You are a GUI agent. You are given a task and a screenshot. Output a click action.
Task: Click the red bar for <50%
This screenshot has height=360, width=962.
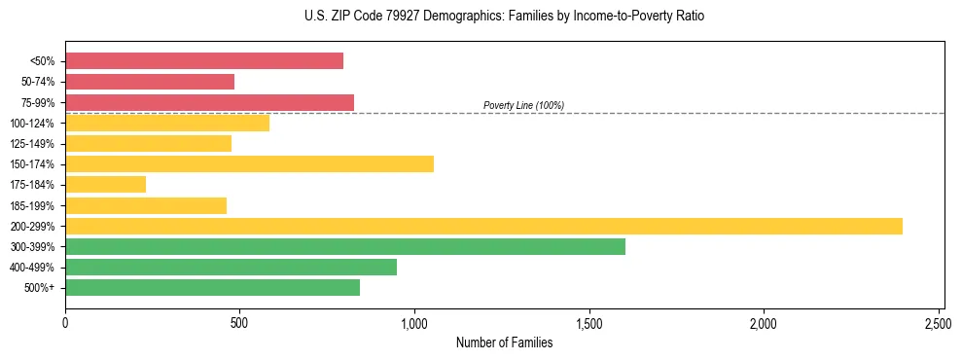[x=204, y=61]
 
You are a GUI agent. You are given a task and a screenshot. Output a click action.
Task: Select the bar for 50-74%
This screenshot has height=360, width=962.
[x=150, y=82]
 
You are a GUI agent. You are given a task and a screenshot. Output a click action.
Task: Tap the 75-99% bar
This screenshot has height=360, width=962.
[x=209, y=102]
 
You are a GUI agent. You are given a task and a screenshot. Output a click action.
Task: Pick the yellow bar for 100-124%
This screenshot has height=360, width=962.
[x=167, y=123]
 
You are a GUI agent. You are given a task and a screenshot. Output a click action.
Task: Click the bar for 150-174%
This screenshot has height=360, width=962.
[x=249, y=163]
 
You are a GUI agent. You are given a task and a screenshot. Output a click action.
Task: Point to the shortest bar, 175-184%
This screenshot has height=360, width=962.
[x=105, y=184]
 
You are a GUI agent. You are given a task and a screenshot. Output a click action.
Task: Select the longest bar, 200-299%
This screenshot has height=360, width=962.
[x=483, y=226]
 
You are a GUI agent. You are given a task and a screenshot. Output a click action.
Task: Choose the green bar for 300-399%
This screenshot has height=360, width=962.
[x=345, y=246]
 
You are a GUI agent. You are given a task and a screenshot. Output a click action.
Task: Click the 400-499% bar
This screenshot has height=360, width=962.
[x=231, y=267]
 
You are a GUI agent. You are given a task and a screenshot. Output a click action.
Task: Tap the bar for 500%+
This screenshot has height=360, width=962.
[x=212, y=287]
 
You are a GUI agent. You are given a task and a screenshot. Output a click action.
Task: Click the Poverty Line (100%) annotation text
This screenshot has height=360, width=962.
[x=523, y=105]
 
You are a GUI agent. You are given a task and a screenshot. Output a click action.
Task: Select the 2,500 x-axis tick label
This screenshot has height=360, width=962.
[x=939, y=321]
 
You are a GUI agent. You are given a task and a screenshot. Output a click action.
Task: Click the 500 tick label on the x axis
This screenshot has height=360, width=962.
[x=240, y=321]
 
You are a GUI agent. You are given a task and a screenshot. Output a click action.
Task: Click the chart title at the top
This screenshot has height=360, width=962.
[x=504, y=17]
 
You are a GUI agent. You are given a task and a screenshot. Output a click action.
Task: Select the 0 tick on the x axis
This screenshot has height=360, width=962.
[x=65, y=321]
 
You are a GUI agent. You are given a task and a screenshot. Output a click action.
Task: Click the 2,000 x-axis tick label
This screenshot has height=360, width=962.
[x=764, y=321]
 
